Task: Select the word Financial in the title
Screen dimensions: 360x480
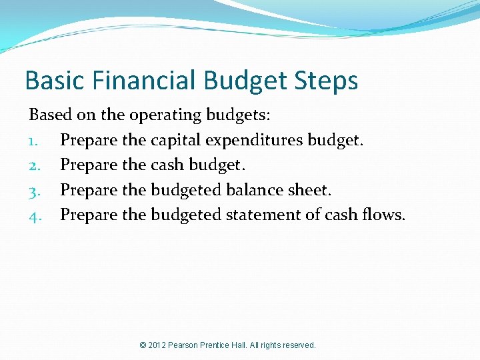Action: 139,81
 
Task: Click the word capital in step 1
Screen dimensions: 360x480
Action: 175,141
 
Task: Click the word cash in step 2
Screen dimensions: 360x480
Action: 167,165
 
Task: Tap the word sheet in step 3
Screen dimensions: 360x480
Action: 311,190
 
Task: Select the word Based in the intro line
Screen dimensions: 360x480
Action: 50,115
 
